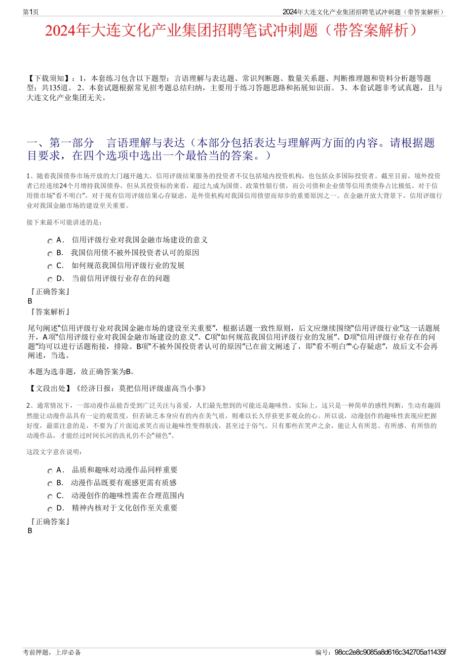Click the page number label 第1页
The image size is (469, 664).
31,12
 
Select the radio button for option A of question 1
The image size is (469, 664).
50,241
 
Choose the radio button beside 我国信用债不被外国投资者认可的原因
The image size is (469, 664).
50,254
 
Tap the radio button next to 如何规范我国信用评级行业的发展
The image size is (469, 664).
50,267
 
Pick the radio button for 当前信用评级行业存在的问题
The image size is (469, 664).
50,279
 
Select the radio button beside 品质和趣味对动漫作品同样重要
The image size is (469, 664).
50,471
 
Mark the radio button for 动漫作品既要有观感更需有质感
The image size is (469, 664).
50,484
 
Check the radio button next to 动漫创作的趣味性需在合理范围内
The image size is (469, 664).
50,497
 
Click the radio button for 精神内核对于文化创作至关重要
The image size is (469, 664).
50,509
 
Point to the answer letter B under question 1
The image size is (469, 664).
30,301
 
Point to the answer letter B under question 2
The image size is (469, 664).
30,531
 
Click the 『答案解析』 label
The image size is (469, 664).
49,312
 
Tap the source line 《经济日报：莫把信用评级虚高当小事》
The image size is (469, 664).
140,389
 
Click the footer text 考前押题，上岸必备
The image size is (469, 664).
52,652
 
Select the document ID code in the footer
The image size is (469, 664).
390,652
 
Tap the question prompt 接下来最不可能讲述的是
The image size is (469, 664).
64,222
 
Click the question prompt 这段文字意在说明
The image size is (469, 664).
54,452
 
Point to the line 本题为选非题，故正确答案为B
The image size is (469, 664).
81,372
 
